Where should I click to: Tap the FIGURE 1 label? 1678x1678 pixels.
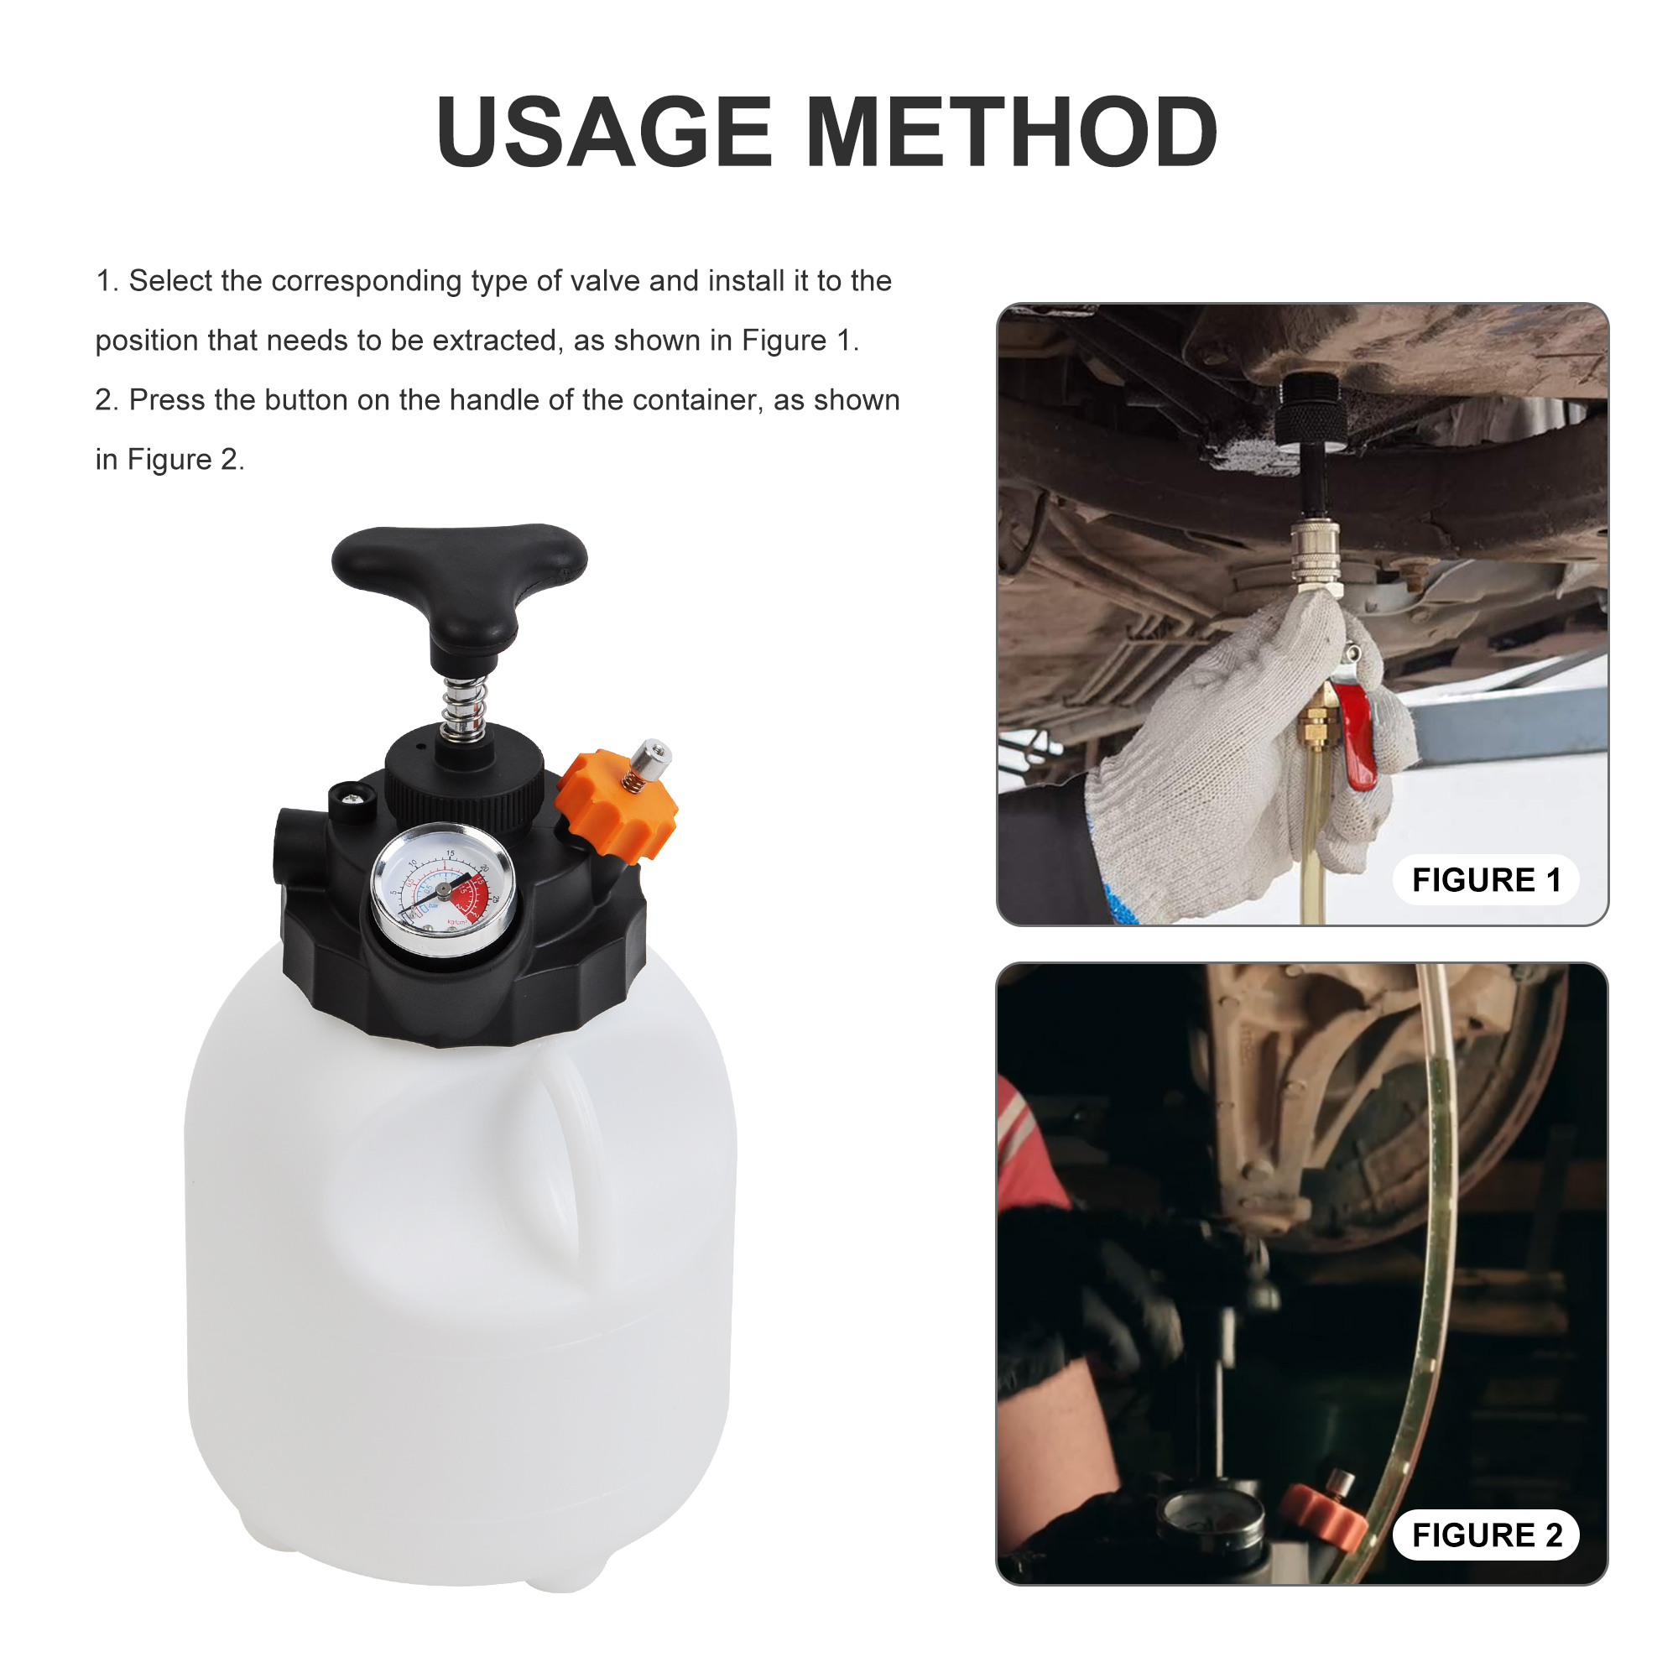(1486, 880)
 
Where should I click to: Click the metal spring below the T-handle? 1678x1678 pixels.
(464, 708)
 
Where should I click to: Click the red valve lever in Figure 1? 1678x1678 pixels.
(1355, 734)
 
